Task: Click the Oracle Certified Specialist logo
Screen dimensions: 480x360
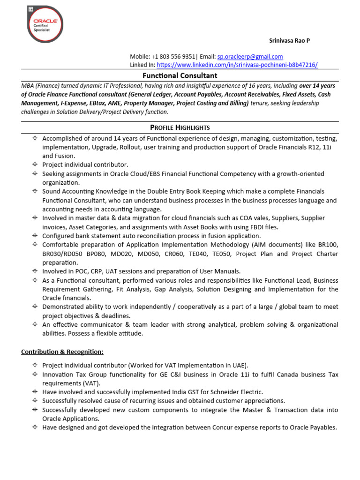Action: coord(45,24)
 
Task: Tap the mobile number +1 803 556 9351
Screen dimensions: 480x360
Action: coord(174,56)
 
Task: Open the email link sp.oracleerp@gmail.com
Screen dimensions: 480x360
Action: coord(250,56)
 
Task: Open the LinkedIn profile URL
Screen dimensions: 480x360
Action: coord(237,65)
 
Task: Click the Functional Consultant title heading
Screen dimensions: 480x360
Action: coord(180,75)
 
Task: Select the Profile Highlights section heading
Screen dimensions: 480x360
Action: coord(180,127)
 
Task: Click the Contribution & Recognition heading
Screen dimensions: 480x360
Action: coord(62,352)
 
